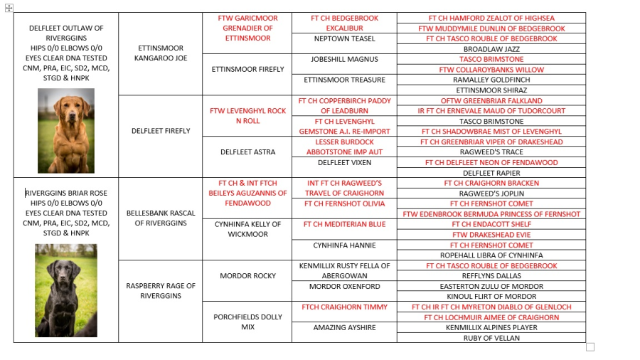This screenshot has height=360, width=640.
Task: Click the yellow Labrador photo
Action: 66,131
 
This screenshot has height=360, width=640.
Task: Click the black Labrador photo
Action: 66,290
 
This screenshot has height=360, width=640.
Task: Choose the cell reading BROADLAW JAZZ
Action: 491,49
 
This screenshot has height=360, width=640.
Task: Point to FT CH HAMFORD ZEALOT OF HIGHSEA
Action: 491,18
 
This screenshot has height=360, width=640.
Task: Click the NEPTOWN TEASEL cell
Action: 344,38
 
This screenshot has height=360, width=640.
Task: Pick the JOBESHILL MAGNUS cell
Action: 344,59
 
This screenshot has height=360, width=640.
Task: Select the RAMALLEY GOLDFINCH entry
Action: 491,80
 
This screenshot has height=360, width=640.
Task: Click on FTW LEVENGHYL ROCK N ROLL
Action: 247,116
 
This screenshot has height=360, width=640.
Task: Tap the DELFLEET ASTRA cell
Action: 247,152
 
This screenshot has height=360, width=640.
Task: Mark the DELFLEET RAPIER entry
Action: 491,173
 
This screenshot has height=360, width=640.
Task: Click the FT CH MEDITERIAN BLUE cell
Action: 344,224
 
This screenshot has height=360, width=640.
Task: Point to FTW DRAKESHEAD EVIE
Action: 491,234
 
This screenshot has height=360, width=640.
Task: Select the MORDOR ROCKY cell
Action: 247,275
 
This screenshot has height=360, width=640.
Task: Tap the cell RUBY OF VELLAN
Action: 491,338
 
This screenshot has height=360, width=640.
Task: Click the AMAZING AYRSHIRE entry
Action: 344,328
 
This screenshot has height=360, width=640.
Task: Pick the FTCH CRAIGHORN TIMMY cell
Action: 344,307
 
